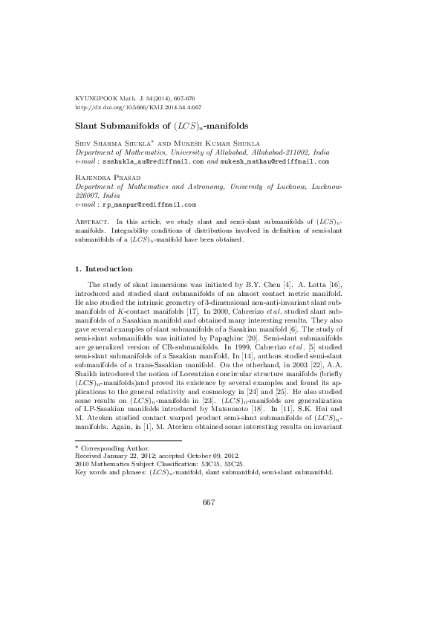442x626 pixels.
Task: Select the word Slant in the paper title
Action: [x=94, y=127]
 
